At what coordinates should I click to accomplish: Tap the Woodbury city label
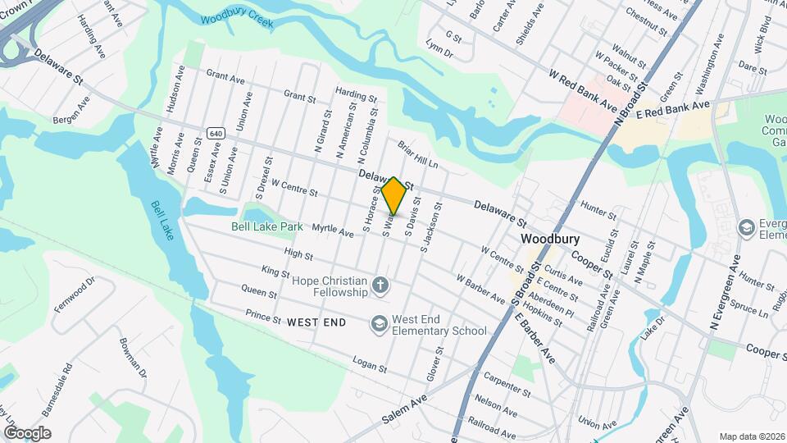click(x=551, y=239)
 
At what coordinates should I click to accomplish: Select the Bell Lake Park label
click(x=266, y=226)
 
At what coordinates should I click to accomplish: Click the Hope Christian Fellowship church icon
click(x=380, y=285)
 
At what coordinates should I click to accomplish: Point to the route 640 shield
click(x=216, y=133)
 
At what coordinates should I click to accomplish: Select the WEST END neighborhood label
click(x=316, y=323)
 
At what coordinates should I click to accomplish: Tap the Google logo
click(x=27, y=433)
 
